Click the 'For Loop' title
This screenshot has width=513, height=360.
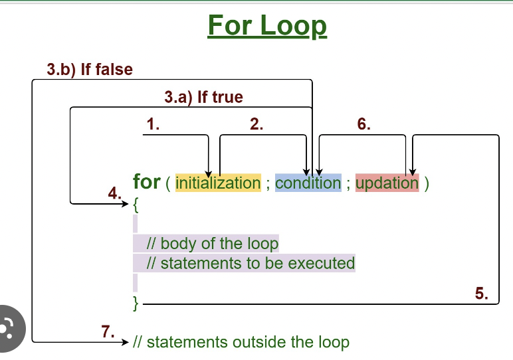(267, 26)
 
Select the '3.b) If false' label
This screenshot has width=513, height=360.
(90, 69)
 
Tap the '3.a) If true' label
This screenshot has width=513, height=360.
(203, 97)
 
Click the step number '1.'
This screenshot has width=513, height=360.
(153, 124)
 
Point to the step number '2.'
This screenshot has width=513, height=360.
(256, 124)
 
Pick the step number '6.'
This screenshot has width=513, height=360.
(363, 124)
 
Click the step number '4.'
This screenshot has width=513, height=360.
(114, 193)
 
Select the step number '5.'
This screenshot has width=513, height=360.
(482, 294)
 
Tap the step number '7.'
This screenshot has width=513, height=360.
(108, 331)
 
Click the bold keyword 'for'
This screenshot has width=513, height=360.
(147, 182)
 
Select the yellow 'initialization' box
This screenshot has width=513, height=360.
(218, 183)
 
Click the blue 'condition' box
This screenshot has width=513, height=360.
(308, 183)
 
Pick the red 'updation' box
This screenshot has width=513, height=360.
(387, 183)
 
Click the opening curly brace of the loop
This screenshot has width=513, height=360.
(136, 205)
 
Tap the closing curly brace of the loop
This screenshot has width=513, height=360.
(136, 304)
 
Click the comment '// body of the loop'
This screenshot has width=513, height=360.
(213, 243)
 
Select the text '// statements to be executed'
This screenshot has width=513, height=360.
(251, 263)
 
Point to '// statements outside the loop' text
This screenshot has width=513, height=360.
(241, 342)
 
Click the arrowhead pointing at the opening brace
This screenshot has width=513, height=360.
(126, 204)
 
